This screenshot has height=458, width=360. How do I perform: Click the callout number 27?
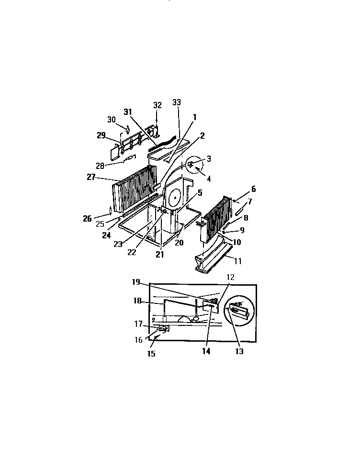coord(91,178)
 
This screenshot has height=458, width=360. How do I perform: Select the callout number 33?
coord(177,103)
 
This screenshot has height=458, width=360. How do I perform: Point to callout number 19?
coord(136,282)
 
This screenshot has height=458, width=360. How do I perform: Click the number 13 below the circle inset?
coord(239,351)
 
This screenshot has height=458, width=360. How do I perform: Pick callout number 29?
coord(101,135)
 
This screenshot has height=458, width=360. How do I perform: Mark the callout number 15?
coord(151,354)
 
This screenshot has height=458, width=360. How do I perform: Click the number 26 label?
coord(87,219)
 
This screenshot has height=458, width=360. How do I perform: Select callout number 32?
coord(157,105)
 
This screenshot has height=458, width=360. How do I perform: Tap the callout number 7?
coord(249,201)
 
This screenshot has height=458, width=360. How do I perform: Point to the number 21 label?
coord(159,255)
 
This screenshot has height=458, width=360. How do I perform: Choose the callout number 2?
coord(202,136)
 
